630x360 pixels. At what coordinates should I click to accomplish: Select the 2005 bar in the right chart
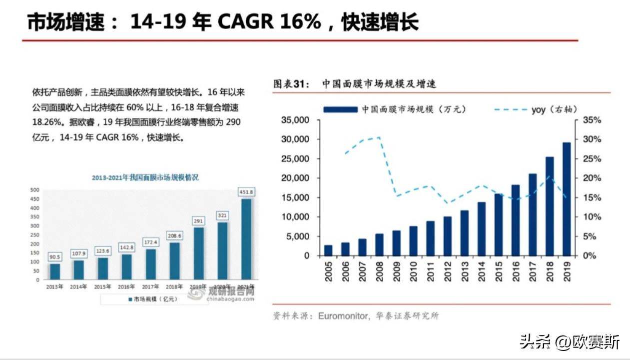tap(328, 250)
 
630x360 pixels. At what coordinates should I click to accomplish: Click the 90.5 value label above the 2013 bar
tap(55, 257)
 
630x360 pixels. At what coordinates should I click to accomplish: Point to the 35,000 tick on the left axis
tap(295, 120)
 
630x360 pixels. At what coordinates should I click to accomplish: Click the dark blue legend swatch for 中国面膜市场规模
tap(340, 109)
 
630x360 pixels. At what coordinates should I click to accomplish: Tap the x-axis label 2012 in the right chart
tap(447, 270)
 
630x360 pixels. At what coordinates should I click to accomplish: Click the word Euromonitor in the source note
tap(343, 316)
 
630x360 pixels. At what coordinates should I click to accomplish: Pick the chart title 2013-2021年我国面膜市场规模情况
tap(145, 177)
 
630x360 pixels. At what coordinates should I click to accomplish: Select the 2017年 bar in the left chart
tap(150, 263)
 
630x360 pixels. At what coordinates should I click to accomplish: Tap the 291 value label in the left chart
tap(198, 220)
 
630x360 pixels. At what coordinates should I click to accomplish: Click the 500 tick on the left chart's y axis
tap(35, 190)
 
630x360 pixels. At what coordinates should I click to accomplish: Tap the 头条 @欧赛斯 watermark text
tap(570, 342)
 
